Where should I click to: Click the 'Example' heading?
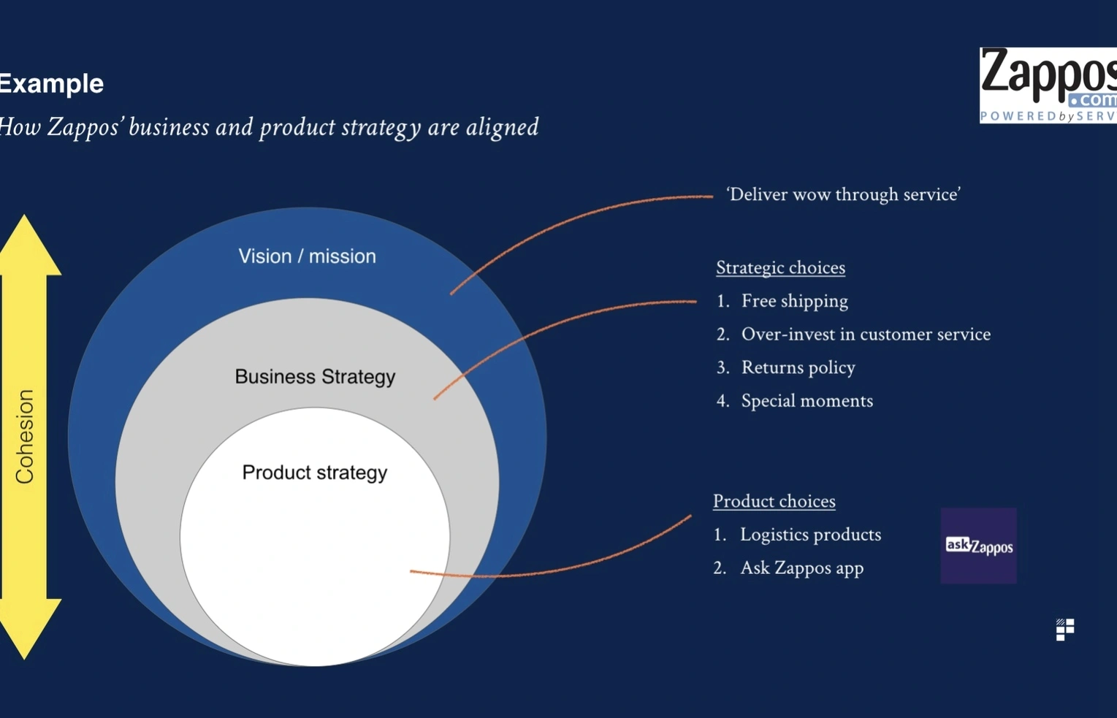pyautogui.click(x=51, y=84)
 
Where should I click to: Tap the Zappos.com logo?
pyautogui.click(x=1048, y=85)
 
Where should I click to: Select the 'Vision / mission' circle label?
pyautogui.click(x=307, y=256)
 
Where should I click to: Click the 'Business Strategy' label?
pyautogui.click(x=315, y=377)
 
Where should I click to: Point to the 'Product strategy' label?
pyautogui.click(x=315, y=473)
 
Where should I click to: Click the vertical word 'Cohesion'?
pyautogui.click(x=25, y=436)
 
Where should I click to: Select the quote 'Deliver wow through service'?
pyautogui.click(x=843, y=194)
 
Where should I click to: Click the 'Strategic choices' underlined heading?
pyautogui.click(x=780, y=268)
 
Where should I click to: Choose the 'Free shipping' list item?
pyautogui.click(x=794, y=301)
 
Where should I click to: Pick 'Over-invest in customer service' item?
pyautogui.click(x=866, y=335)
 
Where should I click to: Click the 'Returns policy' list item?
pyautogui.click(x=798, y=367)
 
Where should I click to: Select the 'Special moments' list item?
pyautogui.click(x=807, y=401)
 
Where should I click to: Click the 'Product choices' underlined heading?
pyautogui.click(x=774, y=501)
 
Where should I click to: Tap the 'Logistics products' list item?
pyautogui.click(x=810, y=535)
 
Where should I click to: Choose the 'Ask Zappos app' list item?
pyautogui.click(x=801, y=568)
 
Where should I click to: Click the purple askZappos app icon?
pyautogui.click(x=978, y=546)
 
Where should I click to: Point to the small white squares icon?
pyautogui.click(x=1065, y=630)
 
